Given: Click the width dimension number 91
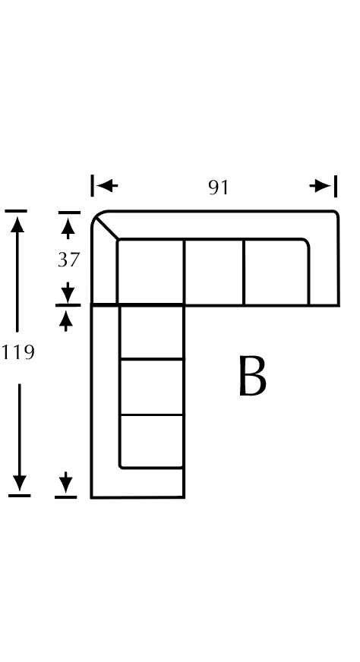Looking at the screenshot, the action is (x=219, y=188).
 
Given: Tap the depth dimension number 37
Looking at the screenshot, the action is (x=68, y=260).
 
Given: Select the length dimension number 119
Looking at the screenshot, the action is (x=17, y=352).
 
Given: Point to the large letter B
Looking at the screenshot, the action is (x=252, y=375).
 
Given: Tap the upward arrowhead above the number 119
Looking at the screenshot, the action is (x=17, y=224).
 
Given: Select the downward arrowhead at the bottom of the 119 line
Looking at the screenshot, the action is (x=20, y=483).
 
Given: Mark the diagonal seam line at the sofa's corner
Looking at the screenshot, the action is (x=107, y=229).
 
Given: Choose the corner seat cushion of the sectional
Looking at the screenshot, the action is (x=150, y=272).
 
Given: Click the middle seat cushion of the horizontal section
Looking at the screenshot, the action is (x=214, y=272).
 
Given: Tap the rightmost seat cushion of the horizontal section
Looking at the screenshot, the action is (x=276, y=272).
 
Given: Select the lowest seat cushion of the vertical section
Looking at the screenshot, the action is (x=152, y=442).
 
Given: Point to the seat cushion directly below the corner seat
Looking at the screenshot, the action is (x=152, y=332).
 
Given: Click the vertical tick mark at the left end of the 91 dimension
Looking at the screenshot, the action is (x=92, y=186).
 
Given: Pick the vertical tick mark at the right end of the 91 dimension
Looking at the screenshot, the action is (x=336, y=186).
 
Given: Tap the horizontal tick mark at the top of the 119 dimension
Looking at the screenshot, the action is (x=16, y=211).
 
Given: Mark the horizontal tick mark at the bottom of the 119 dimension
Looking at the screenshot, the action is (x=20, y=496).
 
